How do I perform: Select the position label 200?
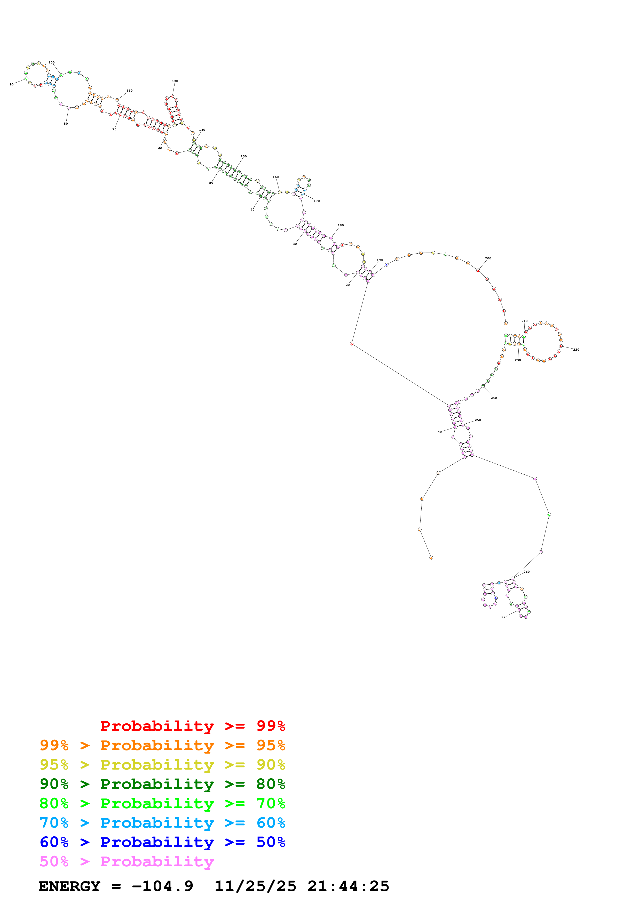pyautogui.click(x=488, y=258)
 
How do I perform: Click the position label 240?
pyautogui.click(x=493, y=398)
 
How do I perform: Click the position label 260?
pyautogui.click(x=526, y=571)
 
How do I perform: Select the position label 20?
pyautogui.click(x=347, y=285)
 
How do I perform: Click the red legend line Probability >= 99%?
pyautogui.click(x=192, y=726)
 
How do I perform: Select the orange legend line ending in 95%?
pyautogui.click(x=162, y=745)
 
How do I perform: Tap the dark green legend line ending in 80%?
pyautogui.click(x=162, y=784)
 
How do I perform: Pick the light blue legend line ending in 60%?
pyautogui.click(x=162, y=823)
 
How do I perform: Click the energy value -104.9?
pyautogui.click(x=162, y=886)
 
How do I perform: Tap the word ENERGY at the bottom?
pyautogui.click(x=69, y=886)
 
